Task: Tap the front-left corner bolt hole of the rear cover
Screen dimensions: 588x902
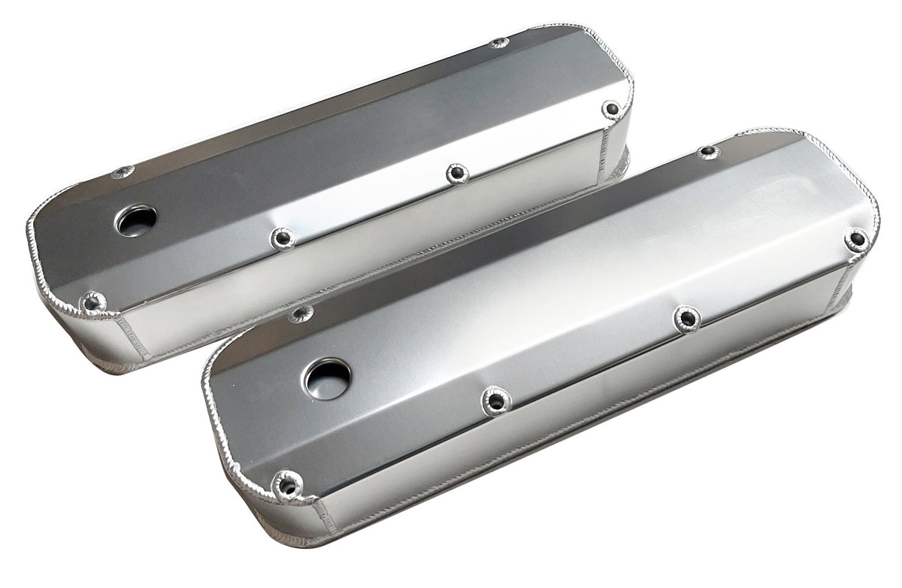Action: (92, 303)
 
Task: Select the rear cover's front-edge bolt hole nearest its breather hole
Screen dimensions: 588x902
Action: (283, 238)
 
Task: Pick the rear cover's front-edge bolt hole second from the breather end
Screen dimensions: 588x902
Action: (457, 174)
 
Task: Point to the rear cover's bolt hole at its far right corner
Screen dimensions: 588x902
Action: (611, 111)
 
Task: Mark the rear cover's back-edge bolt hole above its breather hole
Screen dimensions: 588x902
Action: (123, 172)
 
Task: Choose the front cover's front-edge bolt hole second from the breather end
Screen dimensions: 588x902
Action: (686, 319)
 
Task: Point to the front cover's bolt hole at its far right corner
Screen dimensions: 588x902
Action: (855, 240)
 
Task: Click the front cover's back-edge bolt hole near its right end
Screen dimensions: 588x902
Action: (707, 153)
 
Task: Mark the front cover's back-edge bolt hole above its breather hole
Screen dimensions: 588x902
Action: (301, 314)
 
